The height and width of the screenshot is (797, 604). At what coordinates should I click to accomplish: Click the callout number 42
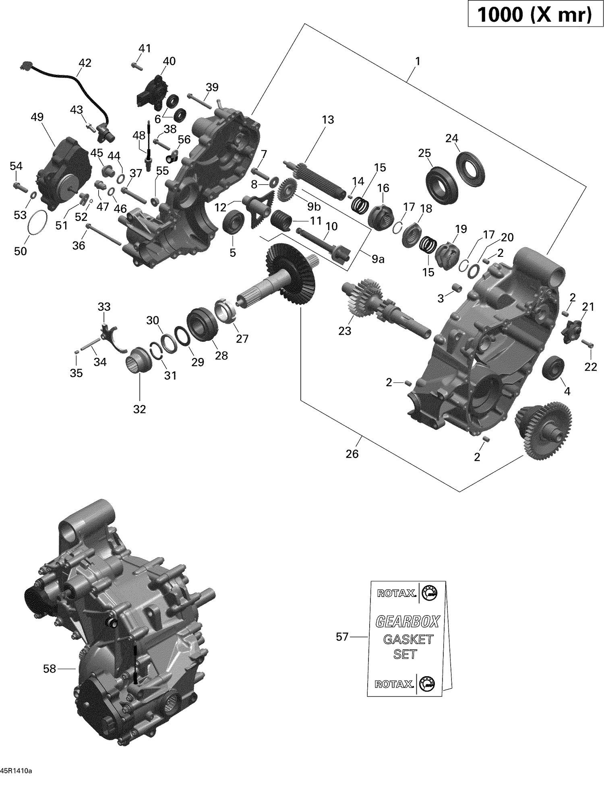(85, 63)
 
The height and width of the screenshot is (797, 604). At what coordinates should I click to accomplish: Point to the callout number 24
(452, 138)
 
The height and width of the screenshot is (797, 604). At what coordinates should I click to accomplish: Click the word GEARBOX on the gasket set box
(407, 621)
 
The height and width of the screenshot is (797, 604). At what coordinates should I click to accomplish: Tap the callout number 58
(49, 669)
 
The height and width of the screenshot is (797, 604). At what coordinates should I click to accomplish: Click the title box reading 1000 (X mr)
(535, 15)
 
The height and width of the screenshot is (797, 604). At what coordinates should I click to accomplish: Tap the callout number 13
(328, 120)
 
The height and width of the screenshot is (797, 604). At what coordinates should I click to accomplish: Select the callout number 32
(139, 409)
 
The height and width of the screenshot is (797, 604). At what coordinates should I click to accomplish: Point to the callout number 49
(37, 117)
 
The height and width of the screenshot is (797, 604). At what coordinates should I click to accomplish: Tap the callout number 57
(342, 637)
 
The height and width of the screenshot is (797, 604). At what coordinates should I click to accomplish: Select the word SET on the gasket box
(405, 654)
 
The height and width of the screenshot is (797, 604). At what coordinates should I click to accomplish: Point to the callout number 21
(588, 307)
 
